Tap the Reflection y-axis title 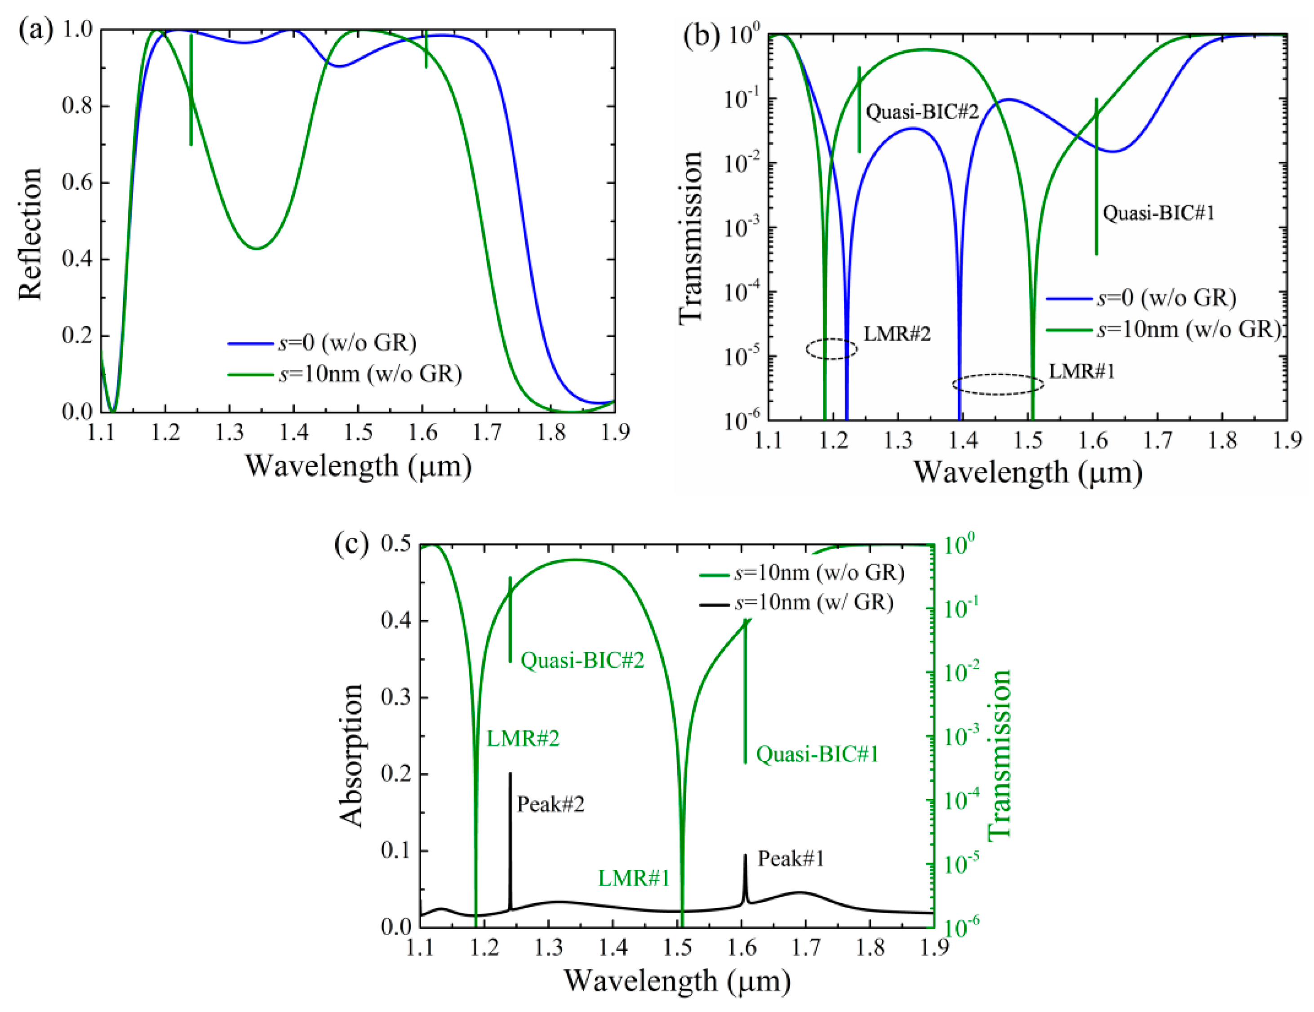(x=30, y=233)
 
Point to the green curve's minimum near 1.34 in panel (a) (x=257, y=248)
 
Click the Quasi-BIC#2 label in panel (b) (x=922, y=112)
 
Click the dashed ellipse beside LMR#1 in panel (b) (x=998, y=384)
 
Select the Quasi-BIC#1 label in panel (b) (x=1158, y=213)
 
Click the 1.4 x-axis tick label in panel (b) (x=963, y=441)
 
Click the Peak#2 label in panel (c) (x=550, y=804)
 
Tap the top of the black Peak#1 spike (x=746, y=856)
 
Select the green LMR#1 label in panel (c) (x=634, y=879)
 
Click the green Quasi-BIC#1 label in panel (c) (x=817, y=754)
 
